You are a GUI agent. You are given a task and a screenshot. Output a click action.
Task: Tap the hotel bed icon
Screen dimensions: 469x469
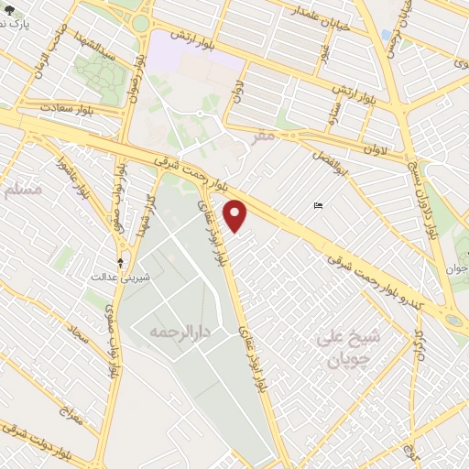318,205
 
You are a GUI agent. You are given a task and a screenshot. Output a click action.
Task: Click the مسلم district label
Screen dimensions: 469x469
22,190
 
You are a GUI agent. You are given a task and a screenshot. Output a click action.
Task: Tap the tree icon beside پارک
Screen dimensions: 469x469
8,11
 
